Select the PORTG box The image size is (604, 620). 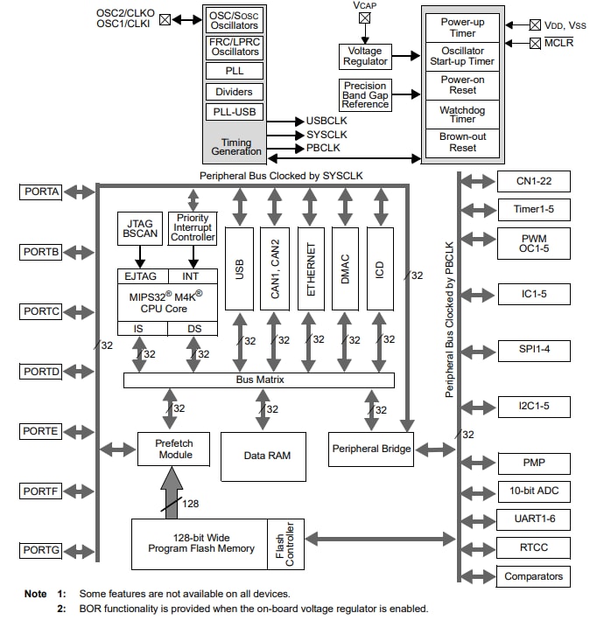[42, 550]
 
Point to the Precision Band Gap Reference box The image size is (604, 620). [364, 94]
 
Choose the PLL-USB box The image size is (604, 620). [234, 112]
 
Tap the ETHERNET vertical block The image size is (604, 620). [310, 268]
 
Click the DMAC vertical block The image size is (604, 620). [346, 268]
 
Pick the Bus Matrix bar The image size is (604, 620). [258, 380]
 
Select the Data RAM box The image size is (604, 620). [263, 456]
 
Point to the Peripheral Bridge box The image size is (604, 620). [370, 449]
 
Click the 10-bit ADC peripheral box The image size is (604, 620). [534, 491]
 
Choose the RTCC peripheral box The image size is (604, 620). [534, 548]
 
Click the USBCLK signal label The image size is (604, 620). [327, 121]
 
